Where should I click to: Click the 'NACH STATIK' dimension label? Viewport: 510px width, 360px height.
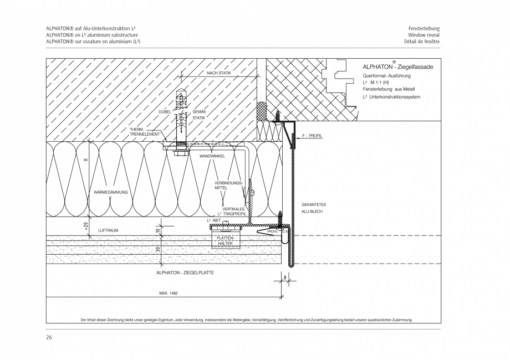point(219,73)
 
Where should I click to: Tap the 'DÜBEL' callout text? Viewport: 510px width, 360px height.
point(164,112)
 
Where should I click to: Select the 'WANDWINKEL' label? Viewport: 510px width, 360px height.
point(212,157)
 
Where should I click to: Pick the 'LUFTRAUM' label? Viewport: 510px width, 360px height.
point(108,230)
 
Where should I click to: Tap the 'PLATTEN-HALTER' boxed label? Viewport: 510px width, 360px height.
point(225,240)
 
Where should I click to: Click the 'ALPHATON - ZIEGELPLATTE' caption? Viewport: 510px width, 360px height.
point(186,273)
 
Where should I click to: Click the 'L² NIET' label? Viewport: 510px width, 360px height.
point(214,220)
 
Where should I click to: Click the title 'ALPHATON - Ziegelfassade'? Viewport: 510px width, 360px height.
point(397,66)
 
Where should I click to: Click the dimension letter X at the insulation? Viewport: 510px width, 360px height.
point(85,160)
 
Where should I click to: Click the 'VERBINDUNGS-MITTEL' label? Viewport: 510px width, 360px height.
point(228,185)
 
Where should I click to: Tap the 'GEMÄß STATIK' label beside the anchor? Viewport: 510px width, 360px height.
point(198,115)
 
